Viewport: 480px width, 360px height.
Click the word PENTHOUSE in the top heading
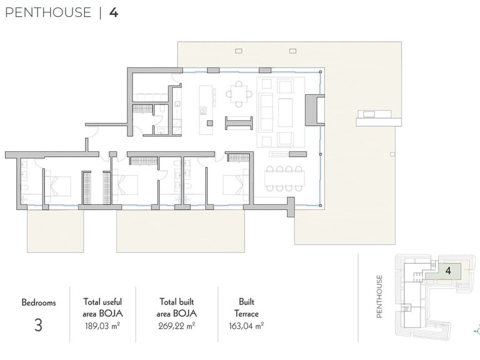(48, 12)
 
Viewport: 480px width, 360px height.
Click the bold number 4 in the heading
(114, 12)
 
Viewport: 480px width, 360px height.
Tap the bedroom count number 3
(38, 325)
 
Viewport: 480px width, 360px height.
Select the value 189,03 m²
(102, 326)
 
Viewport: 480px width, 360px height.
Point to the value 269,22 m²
(177, 326)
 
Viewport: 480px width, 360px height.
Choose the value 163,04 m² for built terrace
(246, 326)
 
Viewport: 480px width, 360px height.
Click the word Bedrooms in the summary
(39, 302)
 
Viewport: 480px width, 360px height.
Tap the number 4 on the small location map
(449, 271)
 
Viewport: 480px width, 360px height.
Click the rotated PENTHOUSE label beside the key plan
(379, 296)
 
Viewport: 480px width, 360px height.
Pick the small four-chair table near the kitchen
(239, 94)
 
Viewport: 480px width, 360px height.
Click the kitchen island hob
(203, 110)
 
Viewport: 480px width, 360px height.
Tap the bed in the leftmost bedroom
(58, 186)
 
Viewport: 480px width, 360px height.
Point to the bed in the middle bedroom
(125, 185)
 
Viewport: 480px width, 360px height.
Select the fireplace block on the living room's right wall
(314, 110)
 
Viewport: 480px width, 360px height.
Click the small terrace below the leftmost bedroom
(56, 231)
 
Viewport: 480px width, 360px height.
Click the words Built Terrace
(246, 307)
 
